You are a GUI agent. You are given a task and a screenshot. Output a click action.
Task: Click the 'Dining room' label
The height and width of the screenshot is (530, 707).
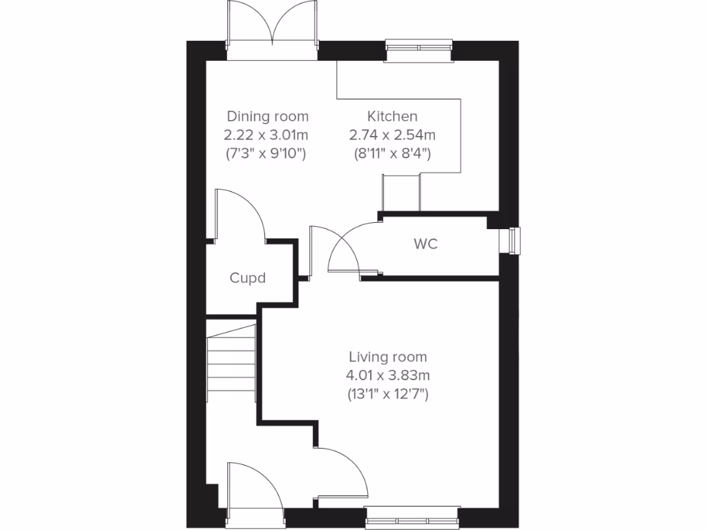[x=268, y=116]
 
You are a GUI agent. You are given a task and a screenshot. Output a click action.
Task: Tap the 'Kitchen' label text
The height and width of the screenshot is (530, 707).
[x=391, y=116]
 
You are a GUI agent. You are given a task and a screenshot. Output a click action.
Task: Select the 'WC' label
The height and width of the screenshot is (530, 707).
[x=425, y=244]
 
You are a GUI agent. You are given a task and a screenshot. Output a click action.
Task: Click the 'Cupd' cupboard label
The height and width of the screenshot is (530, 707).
[x=248, y=278]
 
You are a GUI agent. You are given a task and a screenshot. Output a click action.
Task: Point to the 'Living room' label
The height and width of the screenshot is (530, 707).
[x=387, y=357]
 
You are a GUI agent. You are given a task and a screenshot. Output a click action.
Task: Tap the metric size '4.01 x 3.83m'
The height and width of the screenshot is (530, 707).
[x=387, y=376]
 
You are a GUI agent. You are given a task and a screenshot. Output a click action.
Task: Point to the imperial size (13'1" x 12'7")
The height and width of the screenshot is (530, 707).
[x=387, y=395]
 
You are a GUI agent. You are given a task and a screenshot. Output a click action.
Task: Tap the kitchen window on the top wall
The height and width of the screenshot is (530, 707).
[x=419, y=46]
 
